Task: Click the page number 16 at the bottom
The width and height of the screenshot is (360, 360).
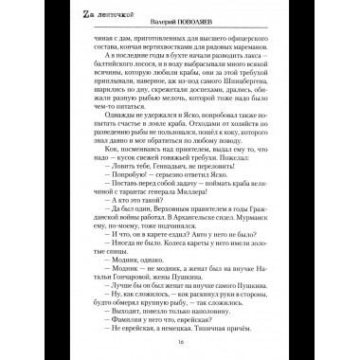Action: pyautogui.click(x=180, y=342)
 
